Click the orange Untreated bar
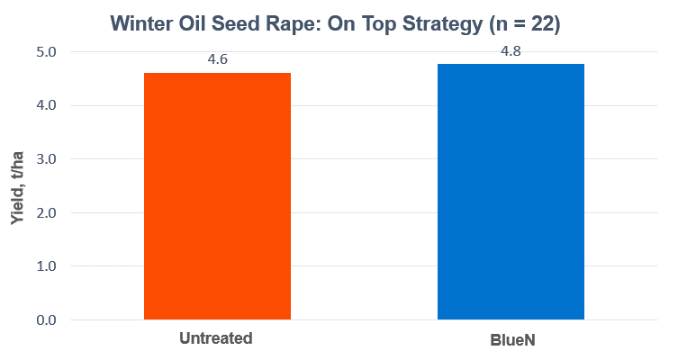point(217,196)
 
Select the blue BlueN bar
point(511,192)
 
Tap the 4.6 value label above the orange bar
point(217,59)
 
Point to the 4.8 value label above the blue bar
point(511,51)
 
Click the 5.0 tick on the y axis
point(46,52)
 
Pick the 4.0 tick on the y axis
point(46,105)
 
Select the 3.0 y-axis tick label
point(46,159)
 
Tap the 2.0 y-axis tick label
point(46,212)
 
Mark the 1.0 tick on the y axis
point(46,266)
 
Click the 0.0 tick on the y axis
point(46,319)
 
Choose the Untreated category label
point(216,338)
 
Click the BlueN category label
point(513,340)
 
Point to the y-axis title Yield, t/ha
point(17,187)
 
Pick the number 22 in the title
point(542,23)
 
